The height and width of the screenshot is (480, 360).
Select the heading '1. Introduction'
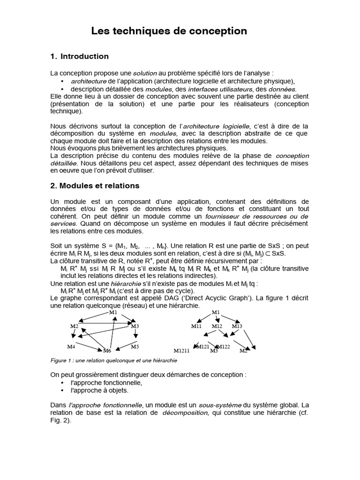[79, 57]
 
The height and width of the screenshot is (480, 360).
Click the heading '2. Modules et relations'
[95, 186]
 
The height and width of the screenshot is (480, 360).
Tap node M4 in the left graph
[71, 346]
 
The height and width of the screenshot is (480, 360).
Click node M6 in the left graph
[107, 351]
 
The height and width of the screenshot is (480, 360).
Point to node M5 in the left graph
[135, 346]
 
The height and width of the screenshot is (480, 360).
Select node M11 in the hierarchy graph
[196, 326]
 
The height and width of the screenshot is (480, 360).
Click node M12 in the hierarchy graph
[217, 326]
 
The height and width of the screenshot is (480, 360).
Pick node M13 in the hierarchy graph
[237, 326]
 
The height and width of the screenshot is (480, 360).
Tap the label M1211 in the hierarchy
[181, 351]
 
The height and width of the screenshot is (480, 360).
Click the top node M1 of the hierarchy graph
[216, 312]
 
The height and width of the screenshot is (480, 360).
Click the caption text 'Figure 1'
[60, 361]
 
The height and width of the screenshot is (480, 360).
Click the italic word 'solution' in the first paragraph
[145, 74]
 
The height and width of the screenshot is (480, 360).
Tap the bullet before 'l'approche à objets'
[63, 390]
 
